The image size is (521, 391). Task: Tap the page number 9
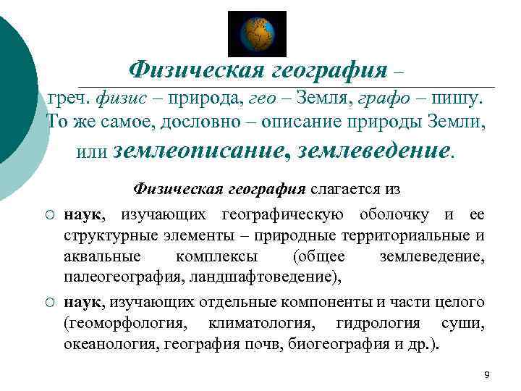[486, 374]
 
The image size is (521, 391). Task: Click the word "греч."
[69, 97]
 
